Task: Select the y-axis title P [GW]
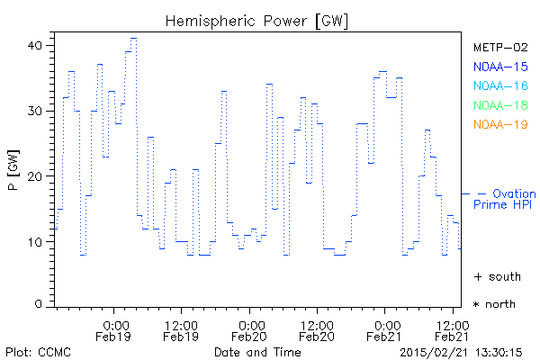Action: click(13, 175)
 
